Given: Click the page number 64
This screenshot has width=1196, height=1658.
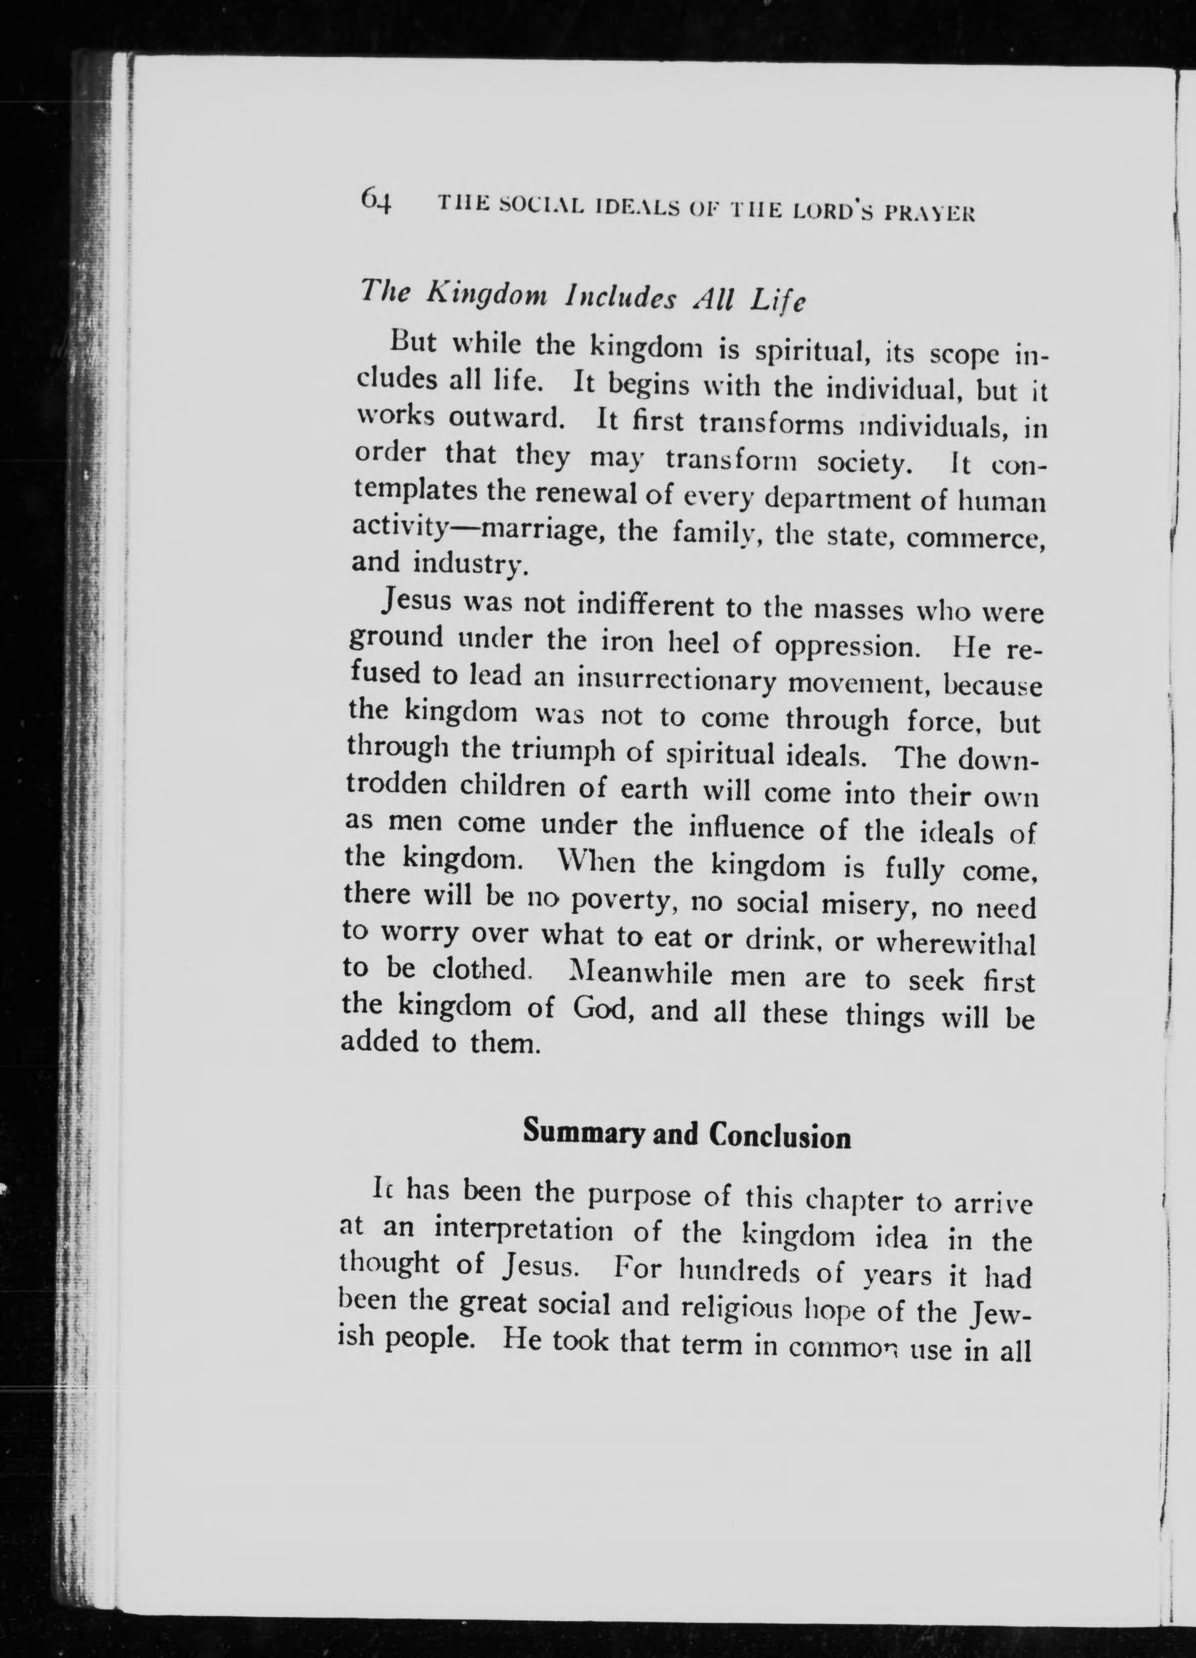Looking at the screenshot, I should (376, 200).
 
